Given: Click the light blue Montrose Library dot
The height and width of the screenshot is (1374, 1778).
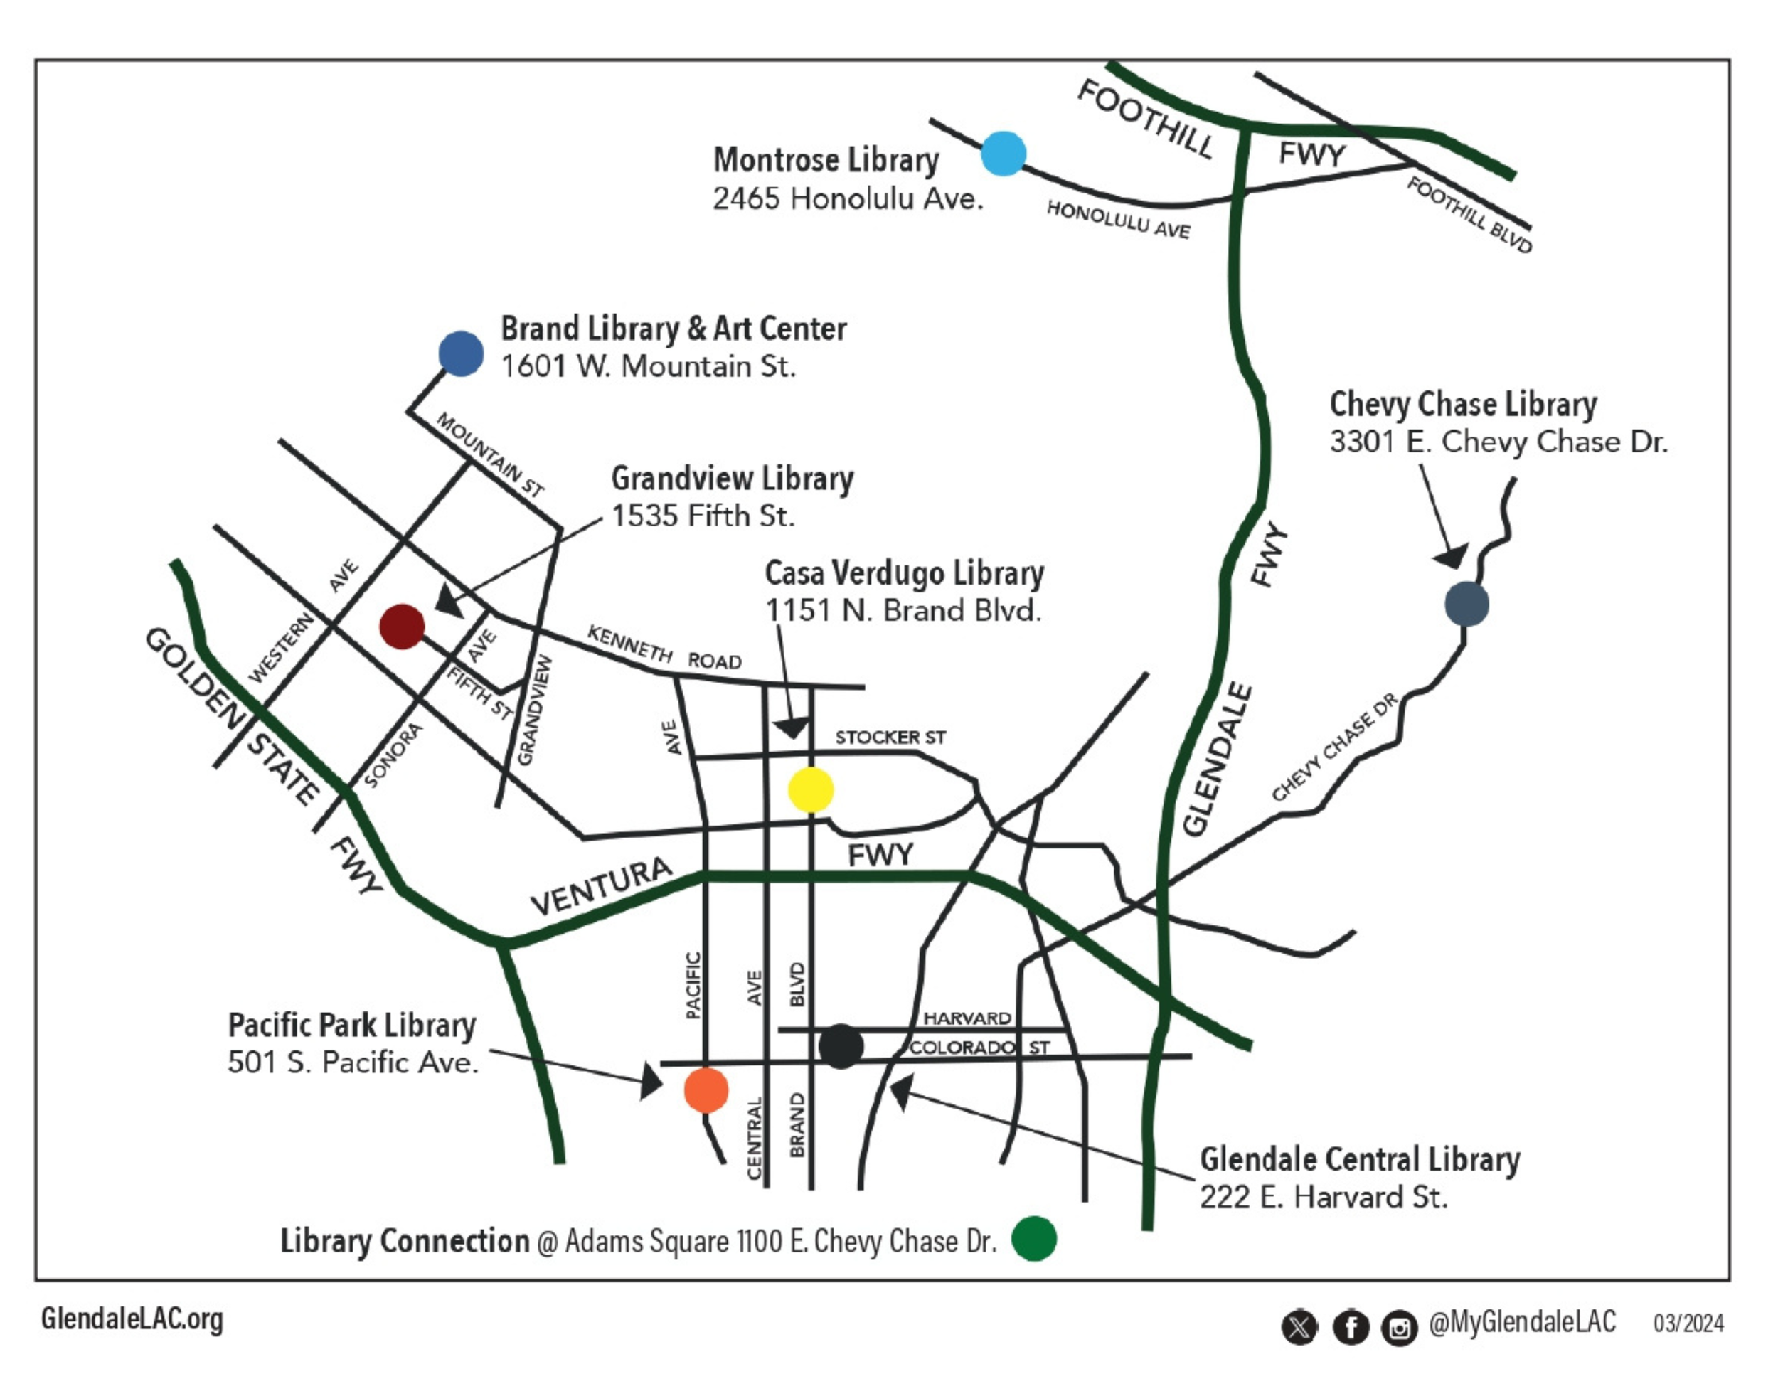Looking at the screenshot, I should click(x=1003, y=153).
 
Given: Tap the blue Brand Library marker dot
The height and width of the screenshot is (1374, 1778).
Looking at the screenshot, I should click(x=461, y=353).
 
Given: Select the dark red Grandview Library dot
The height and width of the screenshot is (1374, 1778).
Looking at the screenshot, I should click(x=402, y=626).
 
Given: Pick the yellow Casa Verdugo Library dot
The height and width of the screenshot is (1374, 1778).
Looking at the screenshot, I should click(x=811, y=789).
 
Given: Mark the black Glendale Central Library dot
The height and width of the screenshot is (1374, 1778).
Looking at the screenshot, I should click(x=840, y=1047).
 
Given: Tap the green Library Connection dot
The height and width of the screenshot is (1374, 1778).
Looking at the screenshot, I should click(x=1034, y=1238).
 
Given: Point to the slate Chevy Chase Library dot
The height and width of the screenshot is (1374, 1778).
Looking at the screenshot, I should click(x=1466, y=604).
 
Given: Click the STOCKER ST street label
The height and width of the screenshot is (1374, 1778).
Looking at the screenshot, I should click(x=890, y=737).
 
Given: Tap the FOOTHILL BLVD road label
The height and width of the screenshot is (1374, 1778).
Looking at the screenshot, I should click(x=1469, y=215).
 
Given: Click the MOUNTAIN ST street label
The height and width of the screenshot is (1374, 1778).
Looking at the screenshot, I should click(x=490, y=454).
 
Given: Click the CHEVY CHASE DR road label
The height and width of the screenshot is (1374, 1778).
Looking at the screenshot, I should click(x=1334, y=747).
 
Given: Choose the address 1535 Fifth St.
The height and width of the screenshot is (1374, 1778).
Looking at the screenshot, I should click(x=703, y=516).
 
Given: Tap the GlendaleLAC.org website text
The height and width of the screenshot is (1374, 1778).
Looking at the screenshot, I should click(x=132, y=1319).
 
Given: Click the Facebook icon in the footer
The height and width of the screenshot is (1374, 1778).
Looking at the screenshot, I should click(x=1351, y=1328).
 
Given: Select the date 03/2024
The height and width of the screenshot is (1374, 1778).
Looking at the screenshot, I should click(x=1688, y=1324).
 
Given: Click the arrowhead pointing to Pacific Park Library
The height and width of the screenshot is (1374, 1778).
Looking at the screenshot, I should click(x=652, y=1081).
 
